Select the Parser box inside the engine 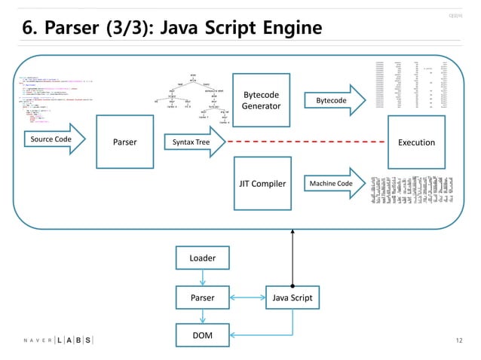tap(125, 141)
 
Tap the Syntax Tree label tap(192, 141)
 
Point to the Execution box tap(416, 142)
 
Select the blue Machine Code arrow tap(334, 183)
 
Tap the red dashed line tap(302, 142)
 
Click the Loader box tap(202, 258)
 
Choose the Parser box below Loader tap(202, 297)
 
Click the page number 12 tap(459, 340)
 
